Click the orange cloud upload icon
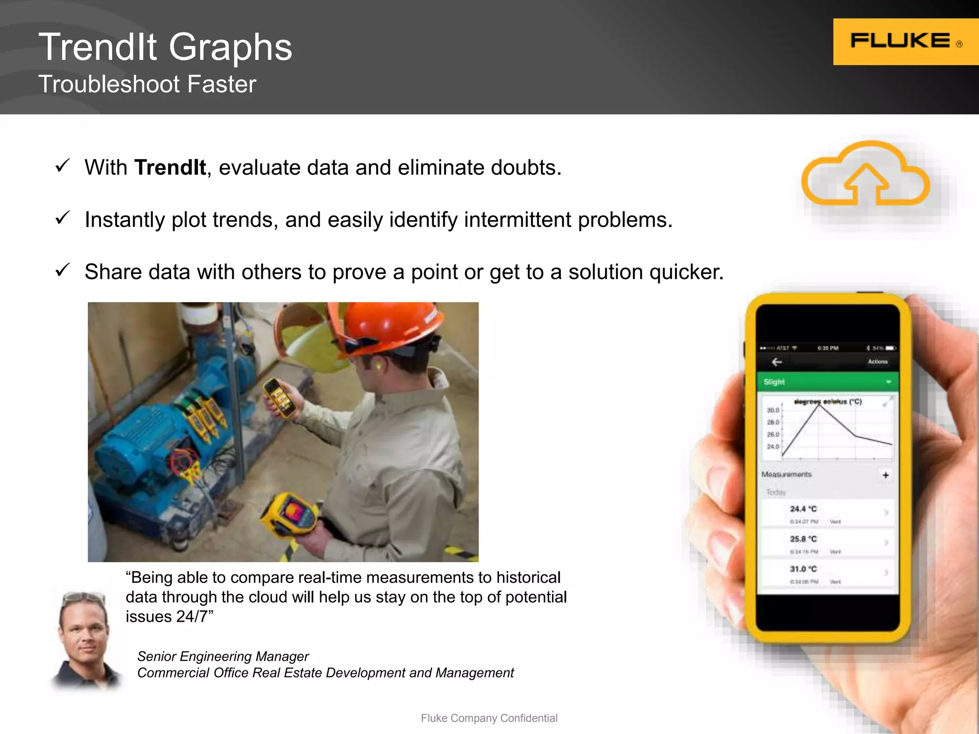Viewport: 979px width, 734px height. (865, 174)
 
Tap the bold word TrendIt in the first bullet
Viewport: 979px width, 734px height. (170, 168)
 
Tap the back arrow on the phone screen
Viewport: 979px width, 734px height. (777, 362)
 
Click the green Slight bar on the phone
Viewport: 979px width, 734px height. (827, 382)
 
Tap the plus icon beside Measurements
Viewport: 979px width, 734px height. (885, 475)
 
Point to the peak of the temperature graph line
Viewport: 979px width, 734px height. (819, 405)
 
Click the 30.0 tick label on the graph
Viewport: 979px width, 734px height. (772, 410)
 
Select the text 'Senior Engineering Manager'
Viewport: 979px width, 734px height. (223, 657)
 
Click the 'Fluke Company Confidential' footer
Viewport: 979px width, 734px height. (489, 718)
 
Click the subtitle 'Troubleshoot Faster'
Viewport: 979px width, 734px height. (147, 85)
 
